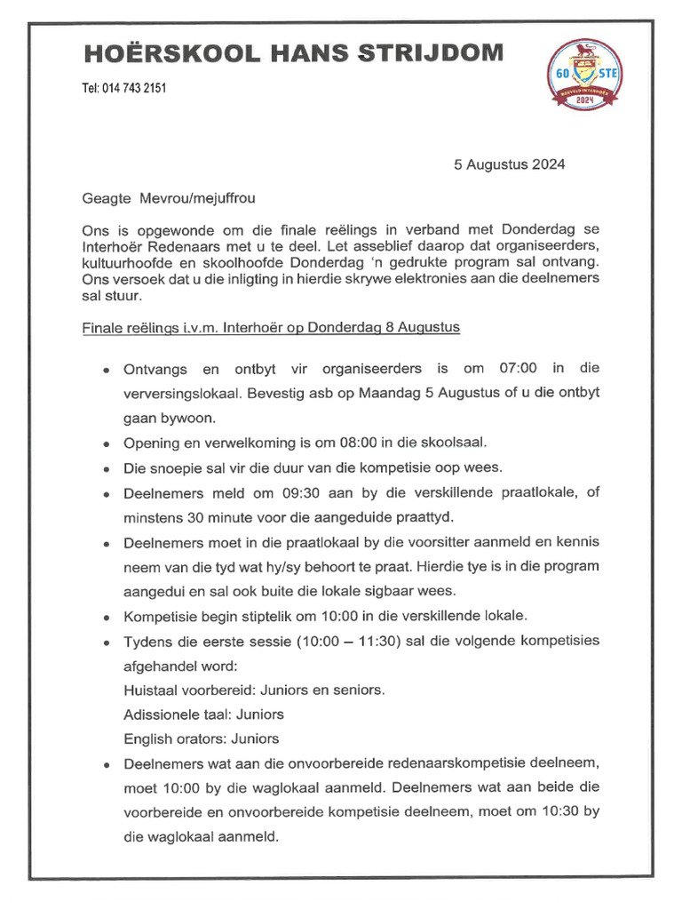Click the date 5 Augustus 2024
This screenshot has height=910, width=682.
coord(509,164)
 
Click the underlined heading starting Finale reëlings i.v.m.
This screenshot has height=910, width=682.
coord(271,327)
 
